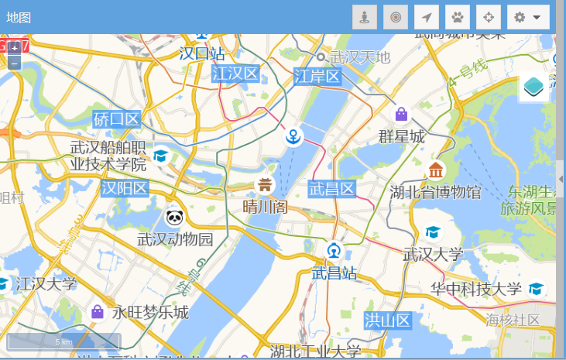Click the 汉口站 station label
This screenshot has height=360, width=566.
202,53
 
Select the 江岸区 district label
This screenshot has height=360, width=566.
317,76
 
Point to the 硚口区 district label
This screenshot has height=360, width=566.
116,119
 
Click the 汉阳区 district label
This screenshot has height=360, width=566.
125,188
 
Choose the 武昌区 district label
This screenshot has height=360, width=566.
331,188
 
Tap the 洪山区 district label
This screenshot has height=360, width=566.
387,320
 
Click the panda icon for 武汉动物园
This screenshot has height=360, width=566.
174,218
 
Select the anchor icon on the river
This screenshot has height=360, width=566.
293,137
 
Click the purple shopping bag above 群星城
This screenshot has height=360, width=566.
401,115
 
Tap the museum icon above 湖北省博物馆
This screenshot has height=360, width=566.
436,170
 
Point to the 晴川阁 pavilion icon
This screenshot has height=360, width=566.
265,184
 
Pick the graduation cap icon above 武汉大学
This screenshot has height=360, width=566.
432,232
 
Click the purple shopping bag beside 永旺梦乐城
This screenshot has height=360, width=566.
98,311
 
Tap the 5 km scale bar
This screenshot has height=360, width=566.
63,341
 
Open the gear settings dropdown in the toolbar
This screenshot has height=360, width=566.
528,17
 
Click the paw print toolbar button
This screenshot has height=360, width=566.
458,17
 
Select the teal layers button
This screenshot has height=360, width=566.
533,87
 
